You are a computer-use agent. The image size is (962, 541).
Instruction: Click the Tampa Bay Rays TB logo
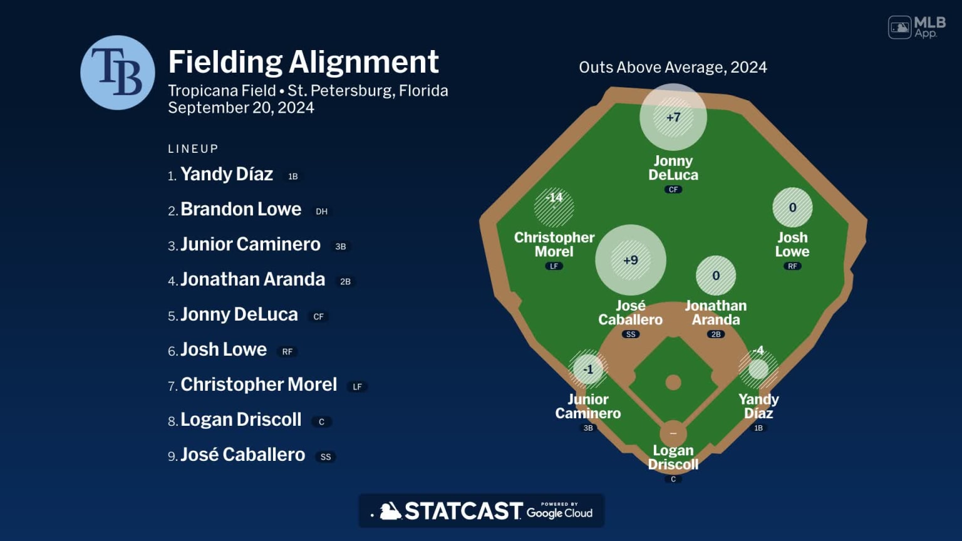coord(117,73)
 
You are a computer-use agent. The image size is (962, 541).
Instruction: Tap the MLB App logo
coord(916,27)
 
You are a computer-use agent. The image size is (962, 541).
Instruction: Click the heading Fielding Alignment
coord(303,62)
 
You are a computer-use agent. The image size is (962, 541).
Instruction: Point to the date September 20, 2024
coord(241,108)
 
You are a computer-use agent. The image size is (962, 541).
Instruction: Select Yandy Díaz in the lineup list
coord(227,174)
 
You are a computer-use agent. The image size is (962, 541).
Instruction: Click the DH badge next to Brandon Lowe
coord(321,212)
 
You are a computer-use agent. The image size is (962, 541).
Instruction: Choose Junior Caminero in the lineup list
coord(251,244)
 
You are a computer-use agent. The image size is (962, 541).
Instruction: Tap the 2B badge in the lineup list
coord(345,282)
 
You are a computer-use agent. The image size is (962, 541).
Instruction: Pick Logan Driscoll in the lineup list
coord(241,420)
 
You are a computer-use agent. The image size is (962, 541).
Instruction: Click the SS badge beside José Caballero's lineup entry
coord(326,457)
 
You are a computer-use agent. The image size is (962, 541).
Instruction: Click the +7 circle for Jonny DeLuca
coord(673,117)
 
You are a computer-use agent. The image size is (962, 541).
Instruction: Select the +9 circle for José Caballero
coord(630,260)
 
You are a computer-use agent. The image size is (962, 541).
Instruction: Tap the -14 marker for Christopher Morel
coord(554,207)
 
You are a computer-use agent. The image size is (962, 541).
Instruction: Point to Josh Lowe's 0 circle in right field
coord(792,207)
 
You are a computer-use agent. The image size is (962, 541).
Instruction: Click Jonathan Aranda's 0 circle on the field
coord(716,276)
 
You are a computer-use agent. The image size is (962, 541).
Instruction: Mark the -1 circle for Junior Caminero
coord(588,369)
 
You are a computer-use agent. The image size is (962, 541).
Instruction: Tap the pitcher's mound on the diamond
coord(673,382)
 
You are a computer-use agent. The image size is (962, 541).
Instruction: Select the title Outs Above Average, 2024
coord(673,67)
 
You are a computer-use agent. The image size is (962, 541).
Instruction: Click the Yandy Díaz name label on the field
coord(758,406)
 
